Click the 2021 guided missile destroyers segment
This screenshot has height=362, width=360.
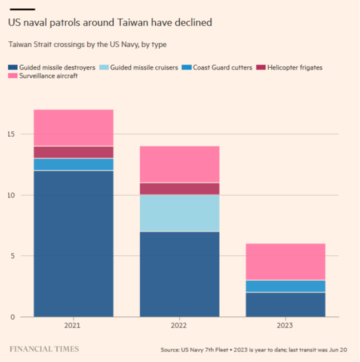pos(73,244)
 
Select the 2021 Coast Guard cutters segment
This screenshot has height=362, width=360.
pos(73,165)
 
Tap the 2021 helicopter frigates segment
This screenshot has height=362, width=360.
pos(73,152)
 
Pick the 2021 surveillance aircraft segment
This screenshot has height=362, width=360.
pos(73,128)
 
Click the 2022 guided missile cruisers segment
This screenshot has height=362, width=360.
pos(179,213)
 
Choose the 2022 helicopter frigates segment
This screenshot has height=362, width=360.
pos(179,189)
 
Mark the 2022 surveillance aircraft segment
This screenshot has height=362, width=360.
pos(179,165)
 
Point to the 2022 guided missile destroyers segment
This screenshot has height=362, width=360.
pos(179,274)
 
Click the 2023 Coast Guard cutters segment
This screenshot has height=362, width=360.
pos(285,286)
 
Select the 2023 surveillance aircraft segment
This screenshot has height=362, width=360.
pos(285,262)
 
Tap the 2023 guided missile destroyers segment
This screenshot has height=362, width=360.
pos(285,304)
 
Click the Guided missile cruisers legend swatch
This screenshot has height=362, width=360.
pos(103,67)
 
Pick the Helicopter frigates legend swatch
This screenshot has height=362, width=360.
pos(260,67)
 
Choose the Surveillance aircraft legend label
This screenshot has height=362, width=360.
pos(48,76)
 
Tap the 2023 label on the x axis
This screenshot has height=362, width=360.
pos(285,326)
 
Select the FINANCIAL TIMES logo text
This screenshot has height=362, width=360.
pos(44,349)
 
